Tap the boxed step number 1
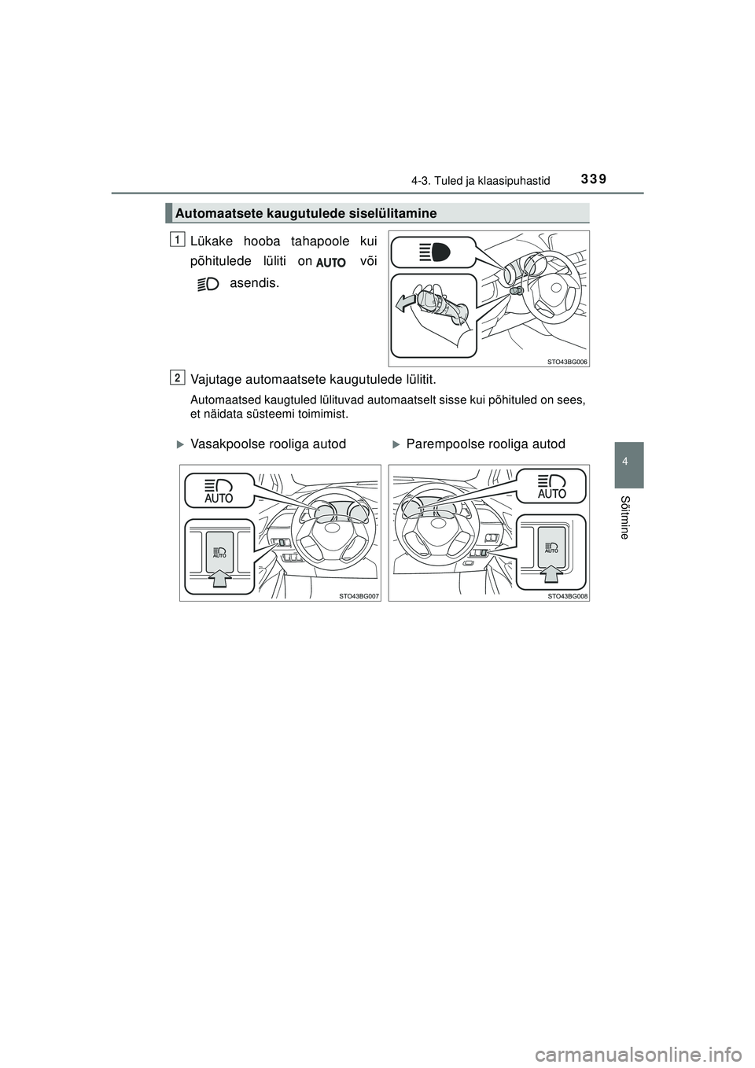(179, 238)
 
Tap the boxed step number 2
(179, 378)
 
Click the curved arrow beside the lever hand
(406, 303)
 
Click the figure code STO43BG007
(359, 597)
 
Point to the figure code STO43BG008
(568, 597)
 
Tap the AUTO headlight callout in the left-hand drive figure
(219, 490)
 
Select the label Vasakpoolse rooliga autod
(267, 444)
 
